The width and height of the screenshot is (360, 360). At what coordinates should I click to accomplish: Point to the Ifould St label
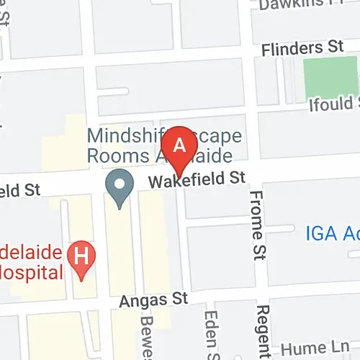pos(331,101)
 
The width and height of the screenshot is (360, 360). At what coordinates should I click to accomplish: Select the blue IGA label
pos(332,233)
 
